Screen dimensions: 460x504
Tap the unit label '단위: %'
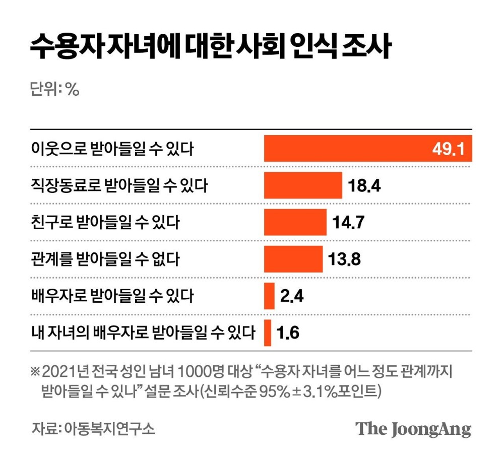55,89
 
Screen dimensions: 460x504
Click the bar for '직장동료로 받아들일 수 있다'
303,185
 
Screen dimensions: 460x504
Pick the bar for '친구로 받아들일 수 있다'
295,222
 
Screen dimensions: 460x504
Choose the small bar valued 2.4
269,296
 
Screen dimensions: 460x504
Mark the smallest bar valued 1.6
268,333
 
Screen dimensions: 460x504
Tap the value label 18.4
364,186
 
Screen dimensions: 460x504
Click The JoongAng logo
413,429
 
